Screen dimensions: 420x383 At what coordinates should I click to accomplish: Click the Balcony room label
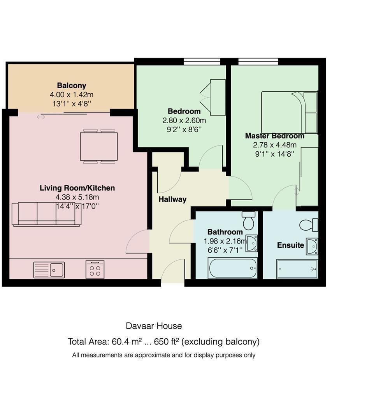pyautogui.click(x=71, y=86)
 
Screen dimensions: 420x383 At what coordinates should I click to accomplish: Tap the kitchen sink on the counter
pyautogui.click(x=49, y=269)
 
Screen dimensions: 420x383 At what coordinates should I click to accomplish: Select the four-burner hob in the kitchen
pyautogui.click(x=95, y=269)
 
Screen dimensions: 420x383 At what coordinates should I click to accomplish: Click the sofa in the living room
pyautogui.click(x=46, y=214)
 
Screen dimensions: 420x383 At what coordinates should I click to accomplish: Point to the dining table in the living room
pyautogui.click(x=99, y=147)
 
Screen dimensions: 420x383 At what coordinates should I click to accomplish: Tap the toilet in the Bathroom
pyautogui.click(x=249, y=220)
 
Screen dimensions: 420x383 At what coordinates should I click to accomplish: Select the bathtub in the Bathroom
pyautogui.click(x=233, y=268)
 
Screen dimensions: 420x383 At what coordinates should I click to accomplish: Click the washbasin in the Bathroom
pyautogui.click(x=251, y=243)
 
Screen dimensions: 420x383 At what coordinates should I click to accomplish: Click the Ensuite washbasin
pyautogui.click(x=312, y=246)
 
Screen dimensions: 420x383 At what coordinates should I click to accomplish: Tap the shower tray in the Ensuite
pyautogui.click(x=297, y=269)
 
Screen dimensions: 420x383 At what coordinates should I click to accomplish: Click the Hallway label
pyautogui.click(x=172, y=199)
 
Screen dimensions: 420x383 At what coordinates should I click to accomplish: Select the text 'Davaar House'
pyautogui.click(x=154, y=326)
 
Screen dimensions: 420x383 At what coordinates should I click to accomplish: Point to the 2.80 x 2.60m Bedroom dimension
pyautogui.click(x=184, y=121)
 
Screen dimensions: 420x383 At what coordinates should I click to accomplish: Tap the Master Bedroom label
pyautogui.click(x=275, y=136)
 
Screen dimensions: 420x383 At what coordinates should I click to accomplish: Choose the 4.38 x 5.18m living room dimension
pyautogui.click(x=77, y=197)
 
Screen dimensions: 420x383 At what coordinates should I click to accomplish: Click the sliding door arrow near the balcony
pyautogui.click(x=41, y=117)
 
